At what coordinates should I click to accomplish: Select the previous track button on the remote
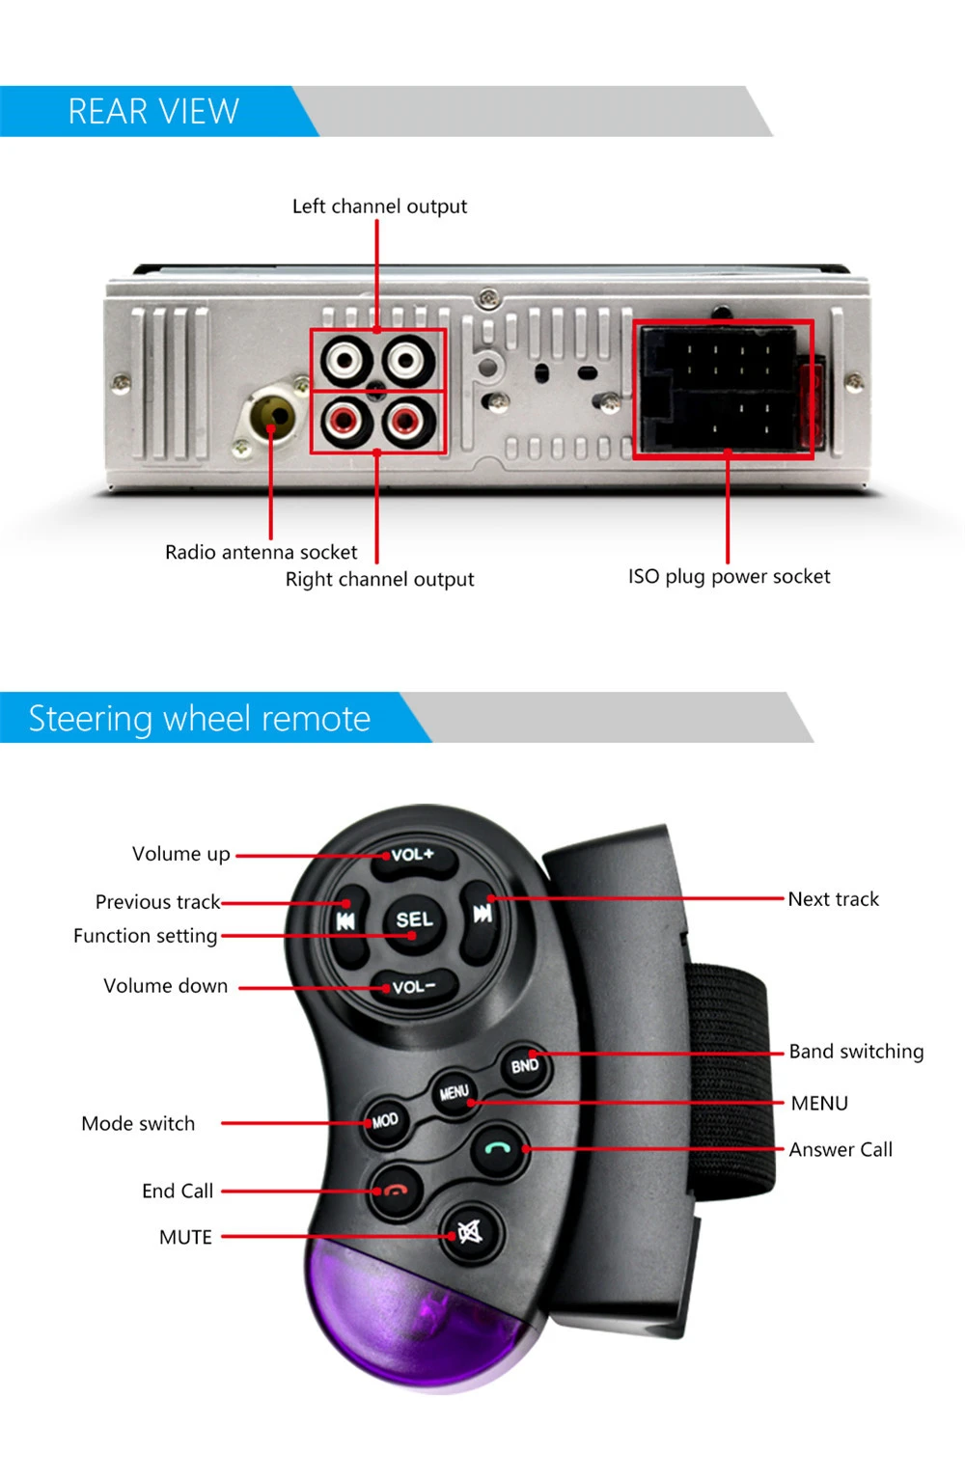[346, 920]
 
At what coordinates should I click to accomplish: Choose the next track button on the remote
[482, 913]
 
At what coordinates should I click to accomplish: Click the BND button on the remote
[524, 1065]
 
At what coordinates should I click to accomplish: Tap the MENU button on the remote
[454, 1093]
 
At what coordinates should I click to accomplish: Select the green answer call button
[498, 1148]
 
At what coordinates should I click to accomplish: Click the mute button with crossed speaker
[469, 1232]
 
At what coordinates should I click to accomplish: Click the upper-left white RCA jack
[345, 362]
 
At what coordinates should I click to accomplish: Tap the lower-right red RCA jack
[406, 421]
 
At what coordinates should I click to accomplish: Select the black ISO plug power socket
[722, 389]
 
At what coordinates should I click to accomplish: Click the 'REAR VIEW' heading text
[153, 112]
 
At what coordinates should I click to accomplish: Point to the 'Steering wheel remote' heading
[200, 719]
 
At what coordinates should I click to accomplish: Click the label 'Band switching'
[856, 1052]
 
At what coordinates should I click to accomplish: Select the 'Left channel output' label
[379, 206]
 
